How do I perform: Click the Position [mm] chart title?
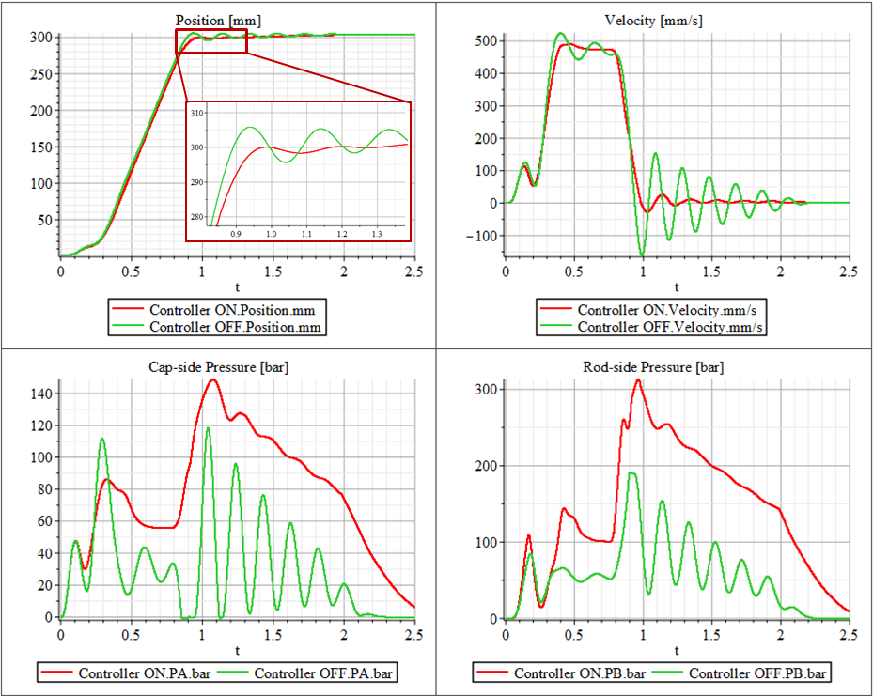pos(218,20)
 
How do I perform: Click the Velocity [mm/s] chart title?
pos(654,20)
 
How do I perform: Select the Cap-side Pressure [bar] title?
pos(218,366)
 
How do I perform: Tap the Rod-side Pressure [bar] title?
pos(654,366)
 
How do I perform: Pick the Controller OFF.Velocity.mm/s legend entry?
pos(670,327)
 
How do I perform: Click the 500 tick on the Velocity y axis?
pos(483,41)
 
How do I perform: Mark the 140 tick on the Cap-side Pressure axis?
pos(40,394)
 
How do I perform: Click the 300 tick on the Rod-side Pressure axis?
pos(485,389)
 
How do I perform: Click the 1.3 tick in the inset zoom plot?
pos(377,234)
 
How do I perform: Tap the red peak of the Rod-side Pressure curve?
pos(639,380)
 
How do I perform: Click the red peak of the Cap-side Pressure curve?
pos(213,379)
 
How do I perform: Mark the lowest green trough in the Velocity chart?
pos(643,255)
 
